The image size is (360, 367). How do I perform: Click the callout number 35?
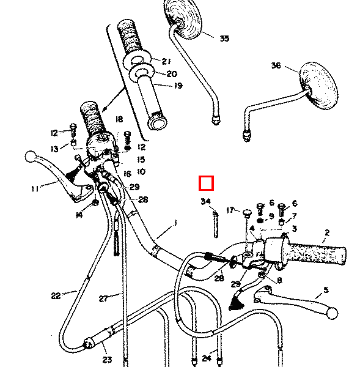224,39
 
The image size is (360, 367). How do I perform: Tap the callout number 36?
276,65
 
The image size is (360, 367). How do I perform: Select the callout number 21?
166,61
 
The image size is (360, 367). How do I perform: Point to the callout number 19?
178,86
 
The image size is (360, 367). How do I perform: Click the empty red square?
206,183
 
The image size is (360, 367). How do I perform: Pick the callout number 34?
205,201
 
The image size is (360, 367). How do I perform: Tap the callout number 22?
56,296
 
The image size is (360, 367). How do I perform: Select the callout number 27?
103,298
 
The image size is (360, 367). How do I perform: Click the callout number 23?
107,359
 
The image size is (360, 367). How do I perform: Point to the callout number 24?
207,358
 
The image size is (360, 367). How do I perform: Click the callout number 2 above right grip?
327,232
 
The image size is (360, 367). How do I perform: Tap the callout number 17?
230,210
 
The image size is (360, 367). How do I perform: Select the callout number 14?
79,215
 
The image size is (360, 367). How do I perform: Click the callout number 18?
119,119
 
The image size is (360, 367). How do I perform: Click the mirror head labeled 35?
183,19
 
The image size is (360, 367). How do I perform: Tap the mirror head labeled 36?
318,86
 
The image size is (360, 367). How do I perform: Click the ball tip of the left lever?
31,157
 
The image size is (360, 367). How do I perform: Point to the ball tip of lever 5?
332,313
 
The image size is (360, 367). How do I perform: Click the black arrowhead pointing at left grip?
105,109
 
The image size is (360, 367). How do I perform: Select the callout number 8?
279,280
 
